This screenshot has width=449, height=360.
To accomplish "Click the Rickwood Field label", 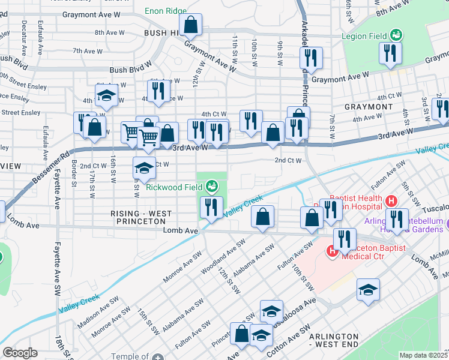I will tap(174, 187).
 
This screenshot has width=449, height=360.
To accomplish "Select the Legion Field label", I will tap(364, 36).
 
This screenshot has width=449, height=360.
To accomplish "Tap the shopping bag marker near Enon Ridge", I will tap(190, 25).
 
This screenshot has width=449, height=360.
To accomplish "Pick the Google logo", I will tap(20, 353).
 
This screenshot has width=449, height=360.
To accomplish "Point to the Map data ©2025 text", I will tap(423, 355).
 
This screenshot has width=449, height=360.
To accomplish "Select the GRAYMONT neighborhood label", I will tap(369, 107).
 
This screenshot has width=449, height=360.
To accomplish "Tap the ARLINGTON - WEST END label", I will tap(334, 340).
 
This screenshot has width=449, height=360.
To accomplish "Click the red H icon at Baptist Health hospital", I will tap(391, 200).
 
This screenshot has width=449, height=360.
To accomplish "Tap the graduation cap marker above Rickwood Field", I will tap(144, 169).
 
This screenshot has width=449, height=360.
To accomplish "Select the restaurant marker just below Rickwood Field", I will tap(211, 208).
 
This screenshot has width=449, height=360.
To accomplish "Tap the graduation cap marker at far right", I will tap(369, 290).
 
